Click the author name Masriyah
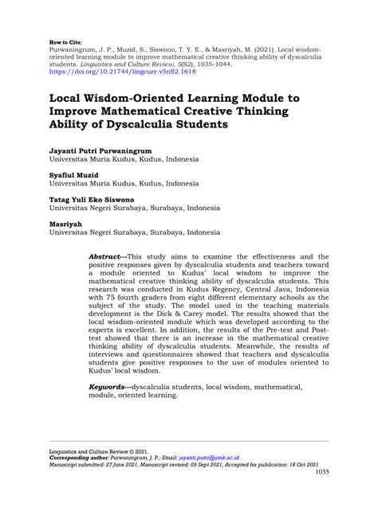[x=66, y=224]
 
